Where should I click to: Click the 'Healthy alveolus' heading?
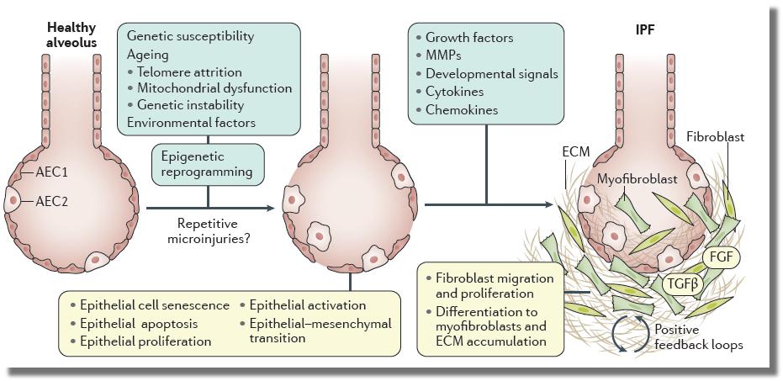click(67, 35)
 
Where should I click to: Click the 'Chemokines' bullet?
click(462, 110)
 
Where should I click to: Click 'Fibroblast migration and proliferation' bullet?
click(491, 286)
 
